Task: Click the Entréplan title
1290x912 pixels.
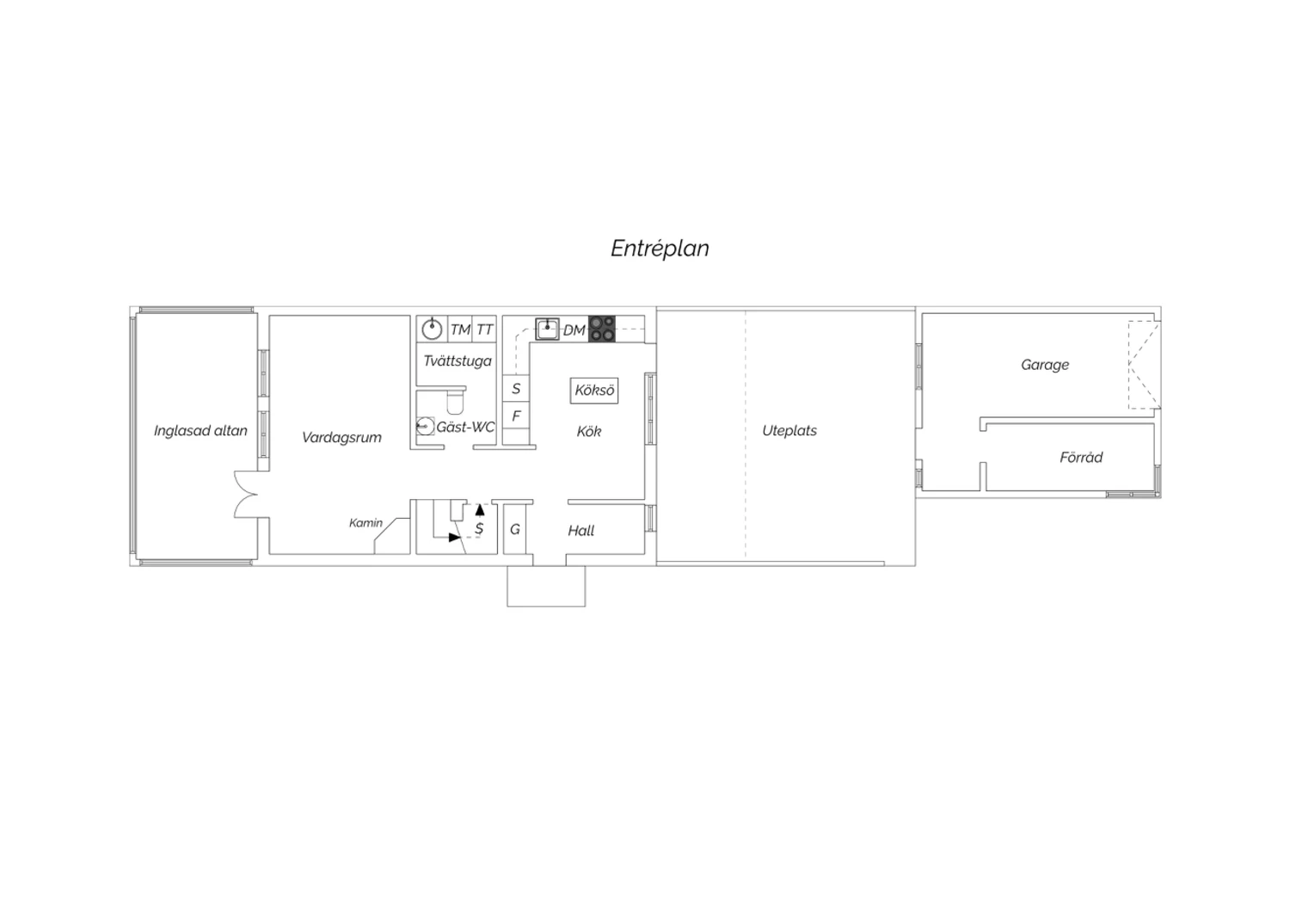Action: [660, 249]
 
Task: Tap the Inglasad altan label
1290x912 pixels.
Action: [200, 430]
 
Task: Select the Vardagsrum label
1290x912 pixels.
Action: [341, 437]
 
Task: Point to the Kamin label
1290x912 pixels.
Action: [365, 522]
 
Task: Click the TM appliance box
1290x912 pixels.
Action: [460, 330]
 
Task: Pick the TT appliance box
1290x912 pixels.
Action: [484, 330]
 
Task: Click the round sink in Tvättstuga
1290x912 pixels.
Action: [432, 330]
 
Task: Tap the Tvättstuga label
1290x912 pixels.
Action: [458, 360]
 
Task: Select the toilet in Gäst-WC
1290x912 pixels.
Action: [455, 400]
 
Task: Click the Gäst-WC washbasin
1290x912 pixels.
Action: [425, 427]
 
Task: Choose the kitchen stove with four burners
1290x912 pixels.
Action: [601, 329]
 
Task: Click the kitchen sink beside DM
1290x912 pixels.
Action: [547, 330]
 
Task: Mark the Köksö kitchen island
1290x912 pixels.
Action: [594, 391]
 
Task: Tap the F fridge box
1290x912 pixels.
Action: [516, 416]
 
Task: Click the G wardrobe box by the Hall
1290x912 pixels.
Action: [515, 529]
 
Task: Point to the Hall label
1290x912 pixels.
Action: [581, 531]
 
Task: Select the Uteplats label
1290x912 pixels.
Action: [789, 430]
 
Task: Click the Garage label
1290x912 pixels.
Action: [1045, 365]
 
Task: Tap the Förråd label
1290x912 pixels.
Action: [1081, 458]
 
